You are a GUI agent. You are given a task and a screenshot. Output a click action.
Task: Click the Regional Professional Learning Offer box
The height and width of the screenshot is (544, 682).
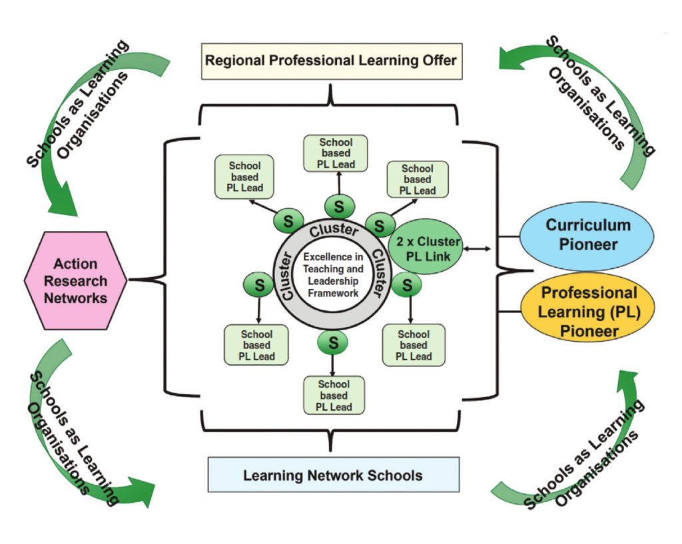point(330,61)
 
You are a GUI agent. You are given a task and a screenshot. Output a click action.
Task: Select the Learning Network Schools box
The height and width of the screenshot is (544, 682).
point(333,475)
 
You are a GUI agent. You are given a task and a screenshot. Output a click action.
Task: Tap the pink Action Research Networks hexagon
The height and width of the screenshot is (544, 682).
point(75,280)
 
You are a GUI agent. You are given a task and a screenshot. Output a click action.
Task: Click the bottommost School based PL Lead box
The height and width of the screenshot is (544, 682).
point(334,395)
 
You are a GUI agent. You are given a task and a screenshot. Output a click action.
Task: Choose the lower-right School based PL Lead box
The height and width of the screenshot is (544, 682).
point(414,345)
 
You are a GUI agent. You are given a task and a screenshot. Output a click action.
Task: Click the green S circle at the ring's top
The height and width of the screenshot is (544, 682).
point(338,207)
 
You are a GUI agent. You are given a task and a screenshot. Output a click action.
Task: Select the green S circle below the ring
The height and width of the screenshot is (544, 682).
point(332,343)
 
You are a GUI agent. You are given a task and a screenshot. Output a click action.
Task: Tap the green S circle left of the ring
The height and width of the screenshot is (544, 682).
point(259,285)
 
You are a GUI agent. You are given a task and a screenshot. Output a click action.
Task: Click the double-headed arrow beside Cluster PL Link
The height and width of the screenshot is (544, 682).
point(478,249)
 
